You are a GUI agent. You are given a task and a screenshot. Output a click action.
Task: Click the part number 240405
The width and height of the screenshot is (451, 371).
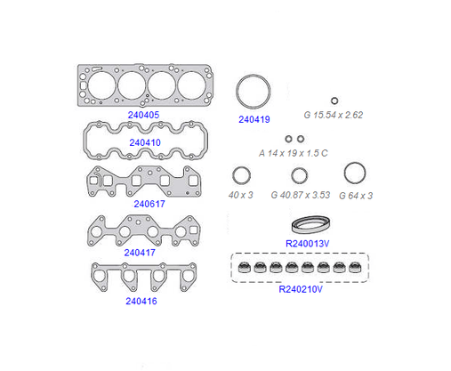(x=143, y=115)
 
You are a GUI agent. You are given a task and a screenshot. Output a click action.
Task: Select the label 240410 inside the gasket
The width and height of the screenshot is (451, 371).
(x=145, y=142)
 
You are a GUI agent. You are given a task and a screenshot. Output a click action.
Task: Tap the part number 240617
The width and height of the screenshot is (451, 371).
(x=149, y=204)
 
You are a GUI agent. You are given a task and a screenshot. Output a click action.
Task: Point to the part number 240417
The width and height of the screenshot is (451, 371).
(x=140, y=253)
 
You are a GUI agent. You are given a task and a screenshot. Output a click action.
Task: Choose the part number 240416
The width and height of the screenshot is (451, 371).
(x=141, y=301)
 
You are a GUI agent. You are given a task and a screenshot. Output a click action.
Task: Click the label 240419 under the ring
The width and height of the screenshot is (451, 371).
(x=254, y=119)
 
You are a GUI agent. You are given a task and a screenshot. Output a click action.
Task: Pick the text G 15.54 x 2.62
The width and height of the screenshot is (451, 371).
(x=334, y=115)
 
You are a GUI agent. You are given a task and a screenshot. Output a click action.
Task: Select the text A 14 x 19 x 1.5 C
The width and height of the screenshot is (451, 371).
(x=294, y=153)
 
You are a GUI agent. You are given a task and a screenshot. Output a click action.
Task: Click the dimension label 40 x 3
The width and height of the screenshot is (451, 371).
(x=240, y=195)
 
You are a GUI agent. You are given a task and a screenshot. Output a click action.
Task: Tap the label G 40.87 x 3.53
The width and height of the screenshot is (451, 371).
(x=301, y=195)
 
